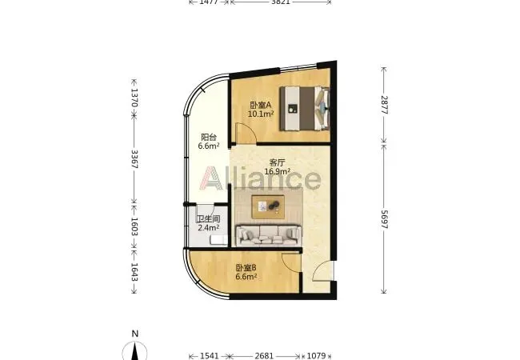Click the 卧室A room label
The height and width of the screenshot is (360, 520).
point(261,105)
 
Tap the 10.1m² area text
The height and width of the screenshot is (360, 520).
point(261,114)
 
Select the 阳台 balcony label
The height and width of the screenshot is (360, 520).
point(209,137)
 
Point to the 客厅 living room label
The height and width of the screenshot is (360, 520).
point(278,162)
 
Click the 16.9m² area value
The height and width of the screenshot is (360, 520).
point(278,171)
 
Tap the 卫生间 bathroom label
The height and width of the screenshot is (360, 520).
point(209,219)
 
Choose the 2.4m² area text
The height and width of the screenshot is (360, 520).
point(209,228)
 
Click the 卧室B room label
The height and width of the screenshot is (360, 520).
point(246,267)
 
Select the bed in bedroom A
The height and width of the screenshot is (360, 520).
point(305,108)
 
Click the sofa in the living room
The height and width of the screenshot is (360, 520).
point(269,235)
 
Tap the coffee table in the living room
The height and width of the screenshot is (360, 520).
point(268,207)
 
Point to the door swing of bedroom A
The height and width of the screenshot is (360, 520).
point(246,134)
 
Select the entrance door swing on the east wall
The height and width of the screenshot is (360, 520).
point(323,271)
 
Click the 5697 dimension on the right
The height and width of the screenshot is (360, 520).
point(384,219)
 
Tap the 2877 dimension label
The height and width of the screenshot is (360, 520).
point(384,105)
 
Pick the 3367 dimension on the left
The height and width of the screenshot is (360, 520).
point(134,159)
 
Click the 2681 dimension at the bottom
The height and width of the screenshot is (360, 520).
point(264,356)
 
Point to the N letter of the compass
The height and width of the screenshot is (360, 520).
point(134,334)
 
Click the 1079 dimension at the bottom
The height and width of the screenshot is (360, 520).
point(316,356)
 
